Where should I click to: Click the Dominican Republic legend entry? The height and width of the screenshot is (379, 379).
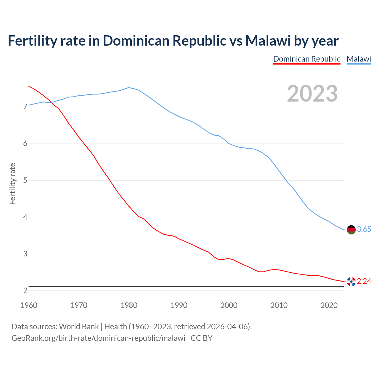[307, 59]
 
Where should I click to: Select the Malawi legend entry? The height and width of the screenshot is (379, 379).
[359, 59]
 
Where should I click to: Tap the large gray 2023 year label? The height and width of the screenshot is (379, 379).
[312, 94]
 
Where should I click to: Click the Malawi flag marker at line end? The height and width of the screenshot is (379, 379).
[351, 229]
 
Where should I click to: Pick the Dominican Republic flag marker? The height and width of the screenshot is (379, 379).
[351, 281]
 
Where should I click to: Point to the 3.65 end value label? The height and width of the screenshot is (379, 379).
[364, 229]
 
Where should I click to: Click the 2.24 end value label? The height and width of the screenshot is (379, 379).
[364, 281]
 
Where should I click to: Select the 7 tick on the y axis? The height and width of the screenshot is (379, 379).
[25, 107]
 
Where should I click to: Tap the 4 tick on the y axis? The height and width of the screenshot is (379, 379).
[25, 217]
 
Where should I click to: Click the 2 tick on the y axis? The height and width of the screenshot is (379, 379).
[25, 291]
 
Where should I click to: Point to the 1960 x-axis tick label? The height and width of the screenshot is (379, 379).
[29, 305]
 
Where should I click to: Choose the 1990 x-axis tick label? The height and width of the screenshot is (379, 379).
[179, 305]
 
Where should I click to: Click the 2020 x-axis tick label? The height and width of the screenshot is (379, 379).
[329, 305]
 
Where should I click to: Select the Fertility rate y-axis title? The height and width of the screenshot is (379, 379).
[12, 184]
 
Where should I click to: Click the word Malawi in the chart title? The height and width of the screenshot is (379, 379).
[268, 41]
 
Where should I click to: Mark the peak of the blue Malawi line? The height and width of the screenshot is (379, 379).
[129, 87]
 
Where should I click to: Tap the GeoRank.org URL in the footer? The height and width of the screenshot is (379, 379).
[98, 338]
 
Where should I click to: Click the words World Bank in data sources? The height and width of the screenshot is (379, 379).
[79, 327]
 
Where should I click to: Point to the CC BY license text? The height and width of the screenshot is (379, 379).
[202, 338]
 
